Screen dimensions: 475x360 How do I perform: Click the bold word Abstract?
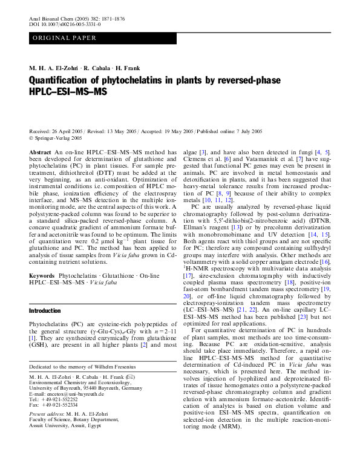[x=40, y=152]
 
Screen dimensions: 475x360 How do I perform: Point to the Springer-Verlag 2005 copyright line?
[x=57, y=137]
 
